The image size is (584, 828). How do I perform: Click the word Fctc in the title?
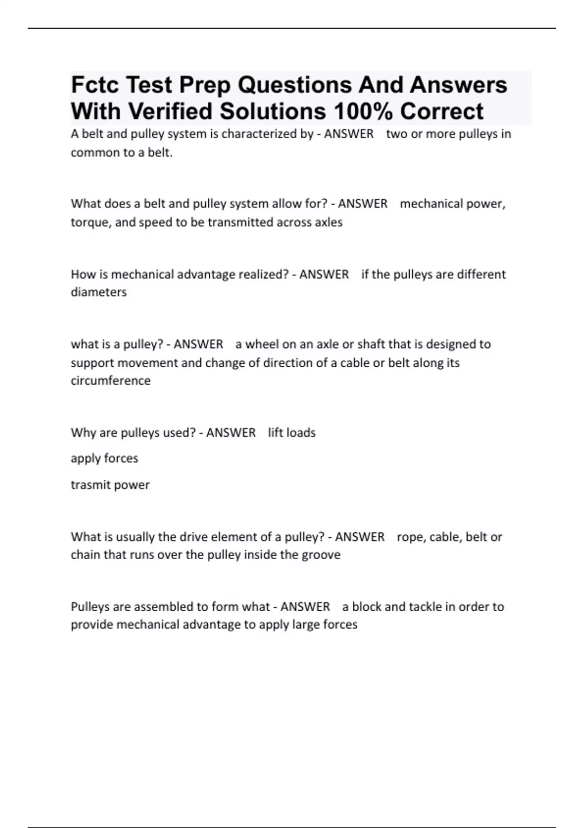click(95, 85)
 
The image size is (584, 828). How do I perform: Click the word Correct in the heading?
click(441, 112)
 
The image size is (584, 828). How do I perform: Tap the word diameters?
click(99, 292)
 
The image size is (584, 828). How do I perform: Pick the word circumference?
click(110, 381)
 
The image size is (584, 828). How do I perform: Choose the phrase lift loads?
click(292, 433)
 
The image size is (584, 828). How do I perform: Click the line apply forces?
click(105, 458)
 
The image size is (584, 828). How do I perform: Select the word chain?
click(85, 555)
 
